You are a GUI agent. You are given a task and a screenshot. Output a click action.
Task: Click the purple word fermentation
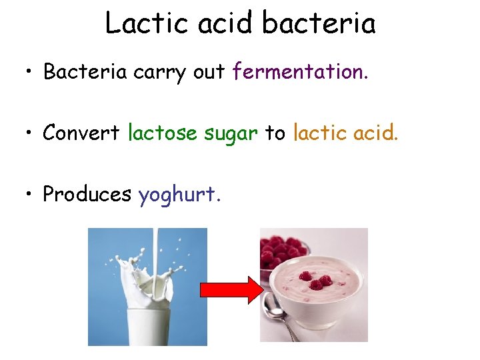pyautogui.click(x=300, y=72)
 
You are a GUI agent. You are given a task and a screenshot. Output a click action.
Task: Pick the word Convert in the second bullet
pyautogui.click(x=81, y=133)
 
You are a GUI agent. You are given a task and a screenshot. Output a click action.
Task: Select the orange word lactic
pyautogui.click(x=316, y=133)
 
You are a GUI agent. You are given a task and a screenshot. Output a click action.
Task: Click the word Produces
pyautogui.click(x=87, y=195)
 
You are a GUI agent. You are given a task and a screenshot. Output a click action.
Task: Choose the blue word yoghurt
pyautogui.click(x=179, y=195)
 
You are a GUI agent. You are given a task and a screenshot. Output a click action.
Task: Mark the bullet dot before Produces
pyautogui.click(x=29, y=195)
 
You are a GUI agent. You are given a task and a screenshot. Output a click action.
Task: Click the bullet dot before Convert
pyautogui.click(x=29, y=133)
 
